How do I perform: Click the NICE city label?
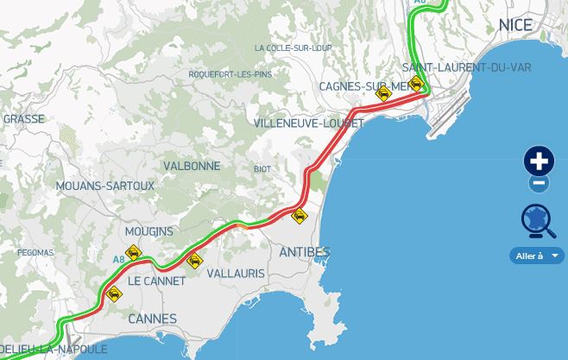[515, 25]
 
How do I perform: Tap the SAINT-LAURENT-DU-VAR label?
[466, 67]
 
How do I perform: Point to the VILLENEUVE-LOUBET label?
[309, 123]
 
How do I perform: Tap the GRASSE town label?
[24, 119]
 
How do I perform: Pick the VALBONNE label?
[192, 166]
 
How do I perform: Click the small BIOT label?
[262, 169]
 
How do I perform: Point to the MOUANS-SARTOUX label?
[104, 186]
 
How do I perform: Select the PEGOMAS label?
[35, 253]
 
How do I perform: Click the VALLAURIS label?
[237, 274]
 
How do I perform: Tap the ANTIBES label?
[305, 252]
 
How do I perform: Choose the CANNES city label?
[152, 319]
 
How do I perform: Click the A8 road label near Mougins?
[118, 258]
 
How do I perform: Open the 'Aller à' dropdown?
[537, 256]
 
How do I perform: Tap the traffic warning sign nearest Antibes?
[300, 216]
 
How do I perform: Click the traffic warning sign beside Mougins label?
[133, 253]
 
